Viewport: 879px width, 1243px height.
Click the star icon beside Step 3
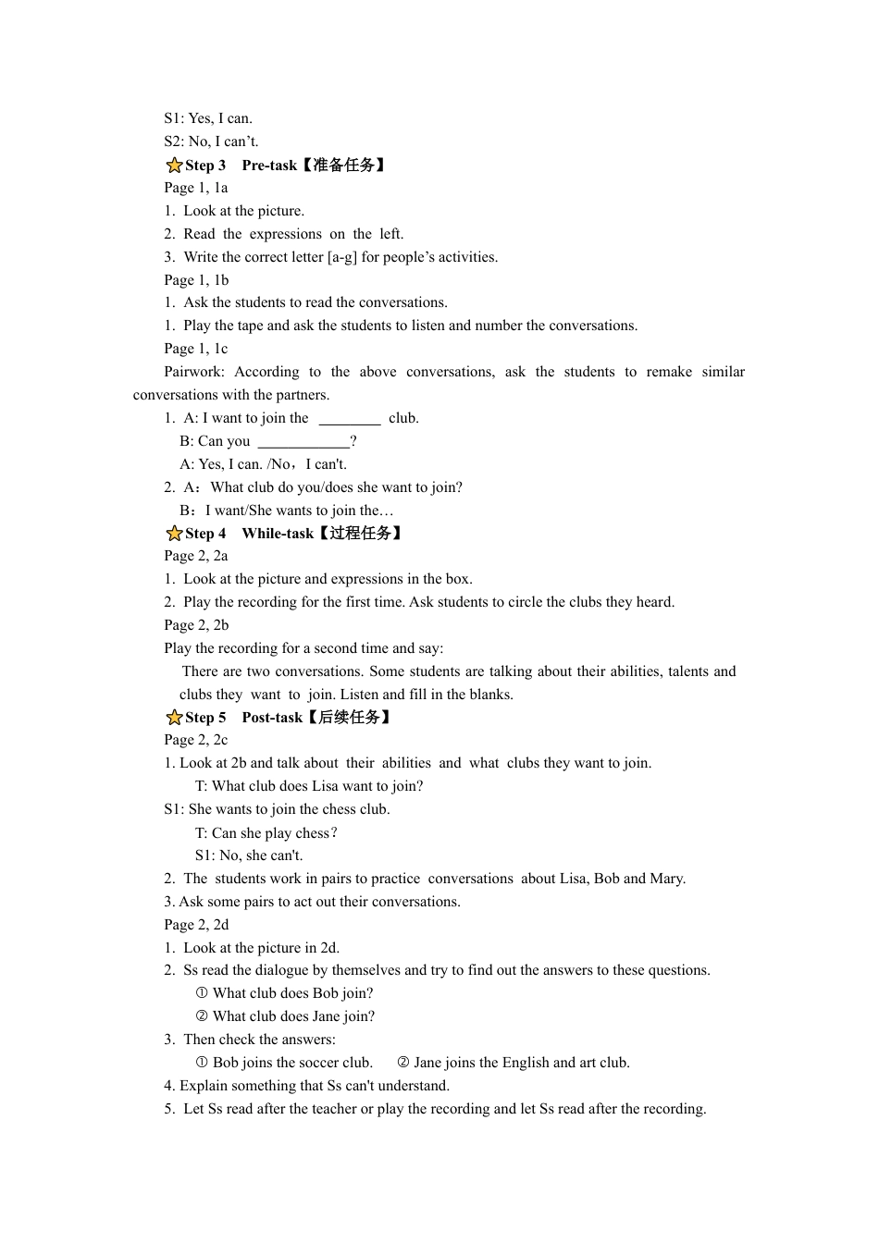[174, 166]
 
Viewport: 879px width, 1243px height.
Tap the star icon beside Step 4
[174, 534]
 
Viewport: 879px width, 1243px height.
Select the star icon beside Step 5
[174, 718]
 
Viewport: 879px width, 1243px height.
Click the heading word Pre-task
[269, 166]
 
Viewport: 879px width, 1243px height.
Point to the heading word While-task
[278, 534]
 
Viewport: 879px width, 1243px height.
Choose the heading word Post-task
[272, 718]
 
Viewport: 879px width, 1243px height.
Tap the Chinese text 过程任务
[361, 534]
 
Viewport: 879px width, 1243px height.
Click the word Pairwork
[194, 372]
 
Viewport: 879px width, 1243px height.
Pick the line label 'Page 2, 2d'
[196, 925]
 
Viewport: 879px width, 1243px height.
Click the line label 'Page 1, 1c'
[196, 349]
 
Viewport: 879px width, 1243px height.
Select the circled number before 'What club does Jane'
[202, 1016]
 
